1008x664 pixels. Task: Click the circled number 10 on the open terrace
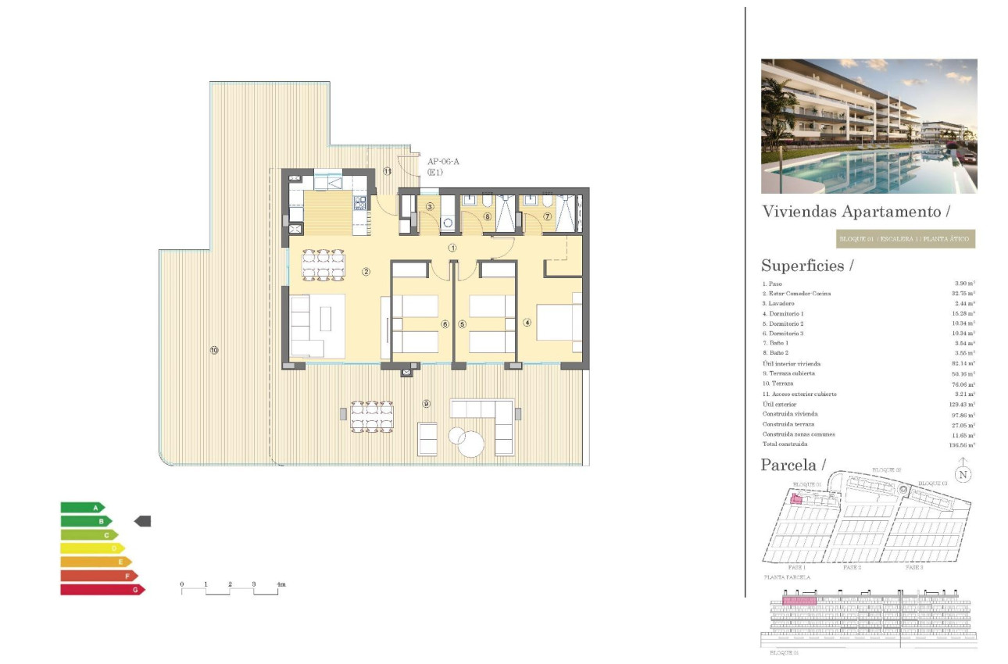click(x=213, y=350)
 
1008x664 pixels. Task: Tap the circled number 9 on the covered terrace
click(x=426, y=404)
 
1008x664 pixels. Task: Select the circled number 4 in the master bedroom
click(x=527, y=321)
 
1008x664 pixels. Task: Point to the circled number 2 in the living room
click(x=366, y=272)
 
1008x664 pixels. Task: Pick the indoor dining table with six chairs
click(x=323, y=264)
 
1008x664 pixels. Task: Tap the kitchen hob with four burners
click(x=360, y=203)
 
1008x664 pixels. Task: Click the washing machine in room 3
click(x=448, y=223)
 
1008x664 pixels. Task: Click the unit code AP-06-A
click(x=444, y=162)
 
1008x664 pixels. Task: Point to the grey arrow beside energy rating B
click(x=143, y=521)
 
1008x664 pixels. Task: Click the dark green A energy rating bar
click(x=82, y=508)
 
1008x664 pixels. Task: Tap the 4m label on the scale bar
click(x=281, y=584)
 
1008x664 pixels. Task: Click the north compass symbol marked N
click(x=963, y=473)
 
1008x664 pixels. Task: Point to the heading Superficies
click(x=802, y=266)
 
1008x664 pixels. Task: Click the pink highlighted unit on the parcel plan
click(x=796, y=499)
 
